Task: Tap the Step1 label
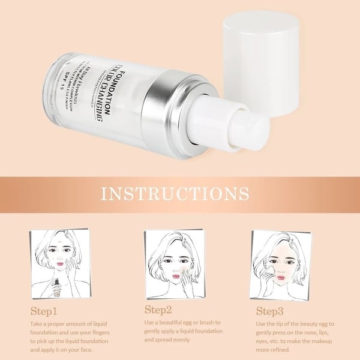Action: tap(44, 311)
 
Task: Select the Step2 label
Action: tap(158, 310)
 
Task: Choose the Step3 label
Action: tap(270, 311)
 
